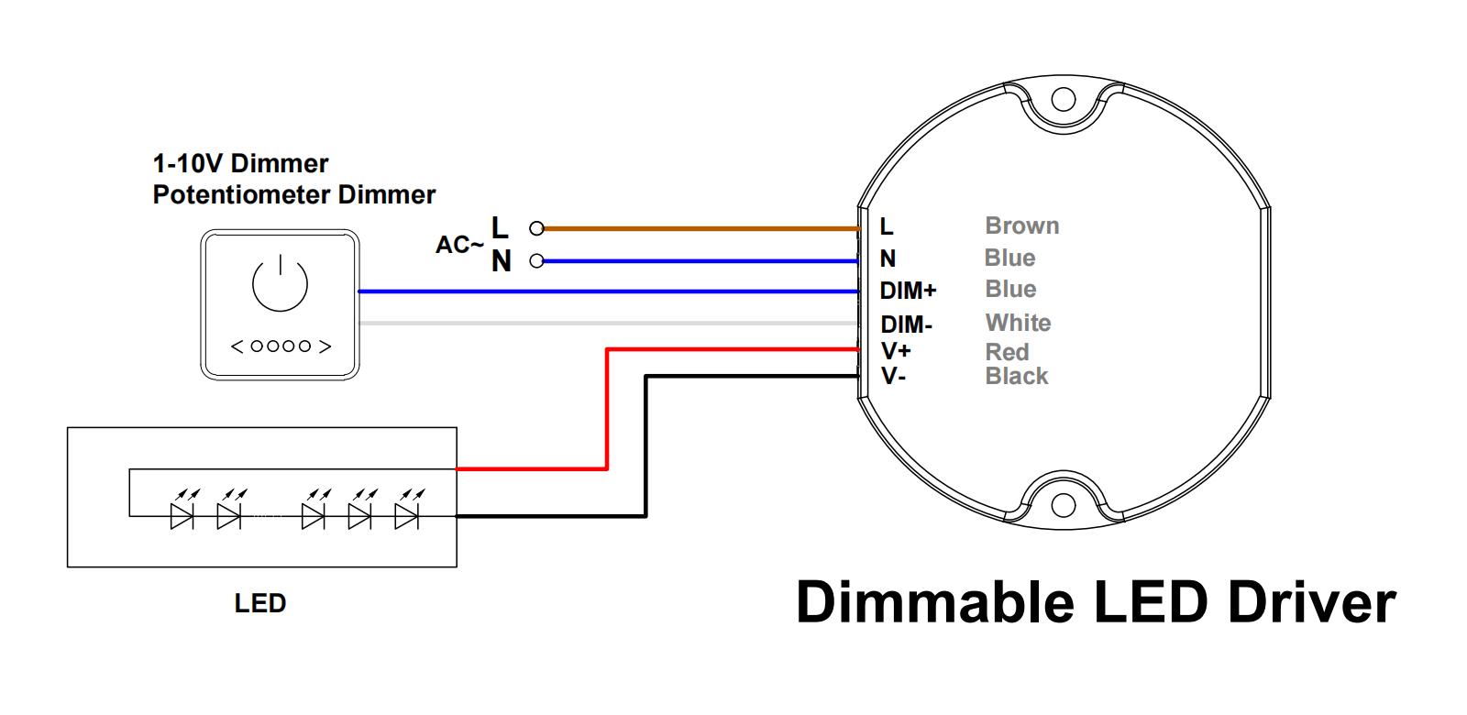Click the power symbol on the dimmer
(x=281, y=284)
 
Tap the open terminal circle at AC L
(x=537, y=227)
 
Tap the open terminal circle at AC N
(x=537, y=261)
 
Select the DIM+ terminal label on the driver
(x=908, y=291)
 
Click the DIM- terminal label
(x=906, y=324)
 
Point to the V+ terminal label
(x=896, y=351)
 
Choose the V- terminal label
(x=894, y=376)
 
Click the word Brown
(x=1021, y=225)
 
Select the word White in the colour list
(x=1018, y=323)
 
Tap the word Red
(x=1007, y=352)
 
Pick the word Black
(x=1016, y=376)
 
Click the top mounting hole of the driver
(x=1063, y=99)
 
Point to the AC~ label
(x=458, y=246)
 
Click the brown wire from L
(x=697, y=227)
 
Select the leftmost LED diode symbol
(x=182, y=517)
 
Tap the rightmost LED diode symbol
(x=406, y=517)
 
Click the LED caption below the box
(x=260, y=603)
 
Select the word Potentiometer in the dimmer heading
(x=242, y=194)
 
